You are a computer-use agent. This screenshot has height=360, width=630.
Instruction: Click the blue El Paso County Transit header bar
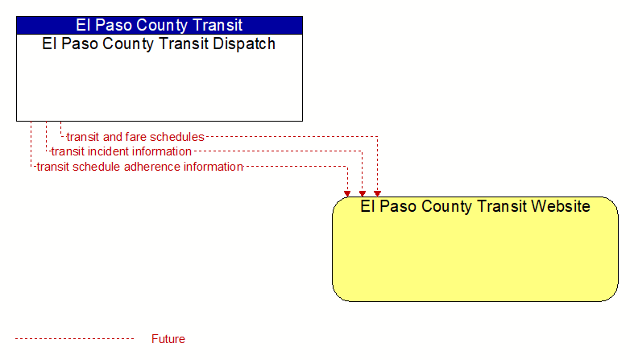(x=160, y=25)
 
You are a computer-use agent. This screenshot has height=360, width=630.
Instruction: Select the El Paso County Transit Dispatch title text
(x=159, y=43)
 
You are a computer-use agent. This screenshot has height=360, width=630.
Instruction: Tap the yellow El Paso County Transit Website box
(x=475, y=249)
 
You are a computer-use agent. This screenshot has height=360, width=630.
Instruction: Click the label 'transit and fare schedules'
(x=135, y=137)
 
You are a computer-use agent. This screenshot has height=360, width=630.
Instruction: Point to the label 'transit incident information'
(x=122, y=151)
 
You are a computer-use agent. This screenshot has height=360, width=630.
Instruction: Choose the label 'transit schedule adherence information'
(x=140, y=167)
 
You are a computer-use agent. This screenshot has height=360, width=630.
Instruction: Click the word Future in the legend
(x=168, y=339)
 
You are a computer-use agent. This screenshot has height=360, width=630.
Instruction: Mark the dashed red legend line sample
(x=74, y=339)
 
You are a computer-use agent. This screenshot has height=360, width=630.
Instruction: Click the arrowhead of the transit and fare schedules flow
(x=377, y=193)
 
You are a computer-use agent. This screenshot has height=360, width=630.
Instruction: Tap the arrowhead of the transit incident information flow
(x=363, y=193)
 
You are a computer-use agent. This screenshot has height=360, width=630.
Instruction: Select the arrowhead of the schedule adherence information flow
(x=347, y=193)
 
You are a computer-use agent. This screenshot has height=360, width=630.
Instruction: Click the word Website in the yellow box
(x=561, y=206)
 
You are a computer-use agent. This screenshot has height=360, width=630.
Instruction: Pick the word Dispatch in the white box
(x=244, y=43)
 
